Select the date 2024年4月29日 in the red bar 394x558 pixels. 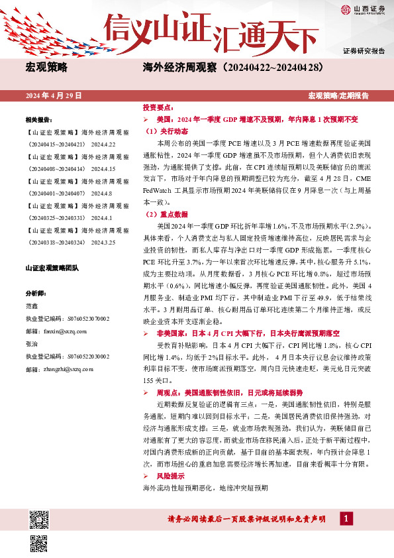[53, 96]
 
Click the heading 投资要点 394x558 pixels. [156, 107]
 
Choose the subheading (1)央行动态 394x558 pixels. [166, 131]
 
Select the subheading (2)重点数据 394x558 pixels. [166, 214]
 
